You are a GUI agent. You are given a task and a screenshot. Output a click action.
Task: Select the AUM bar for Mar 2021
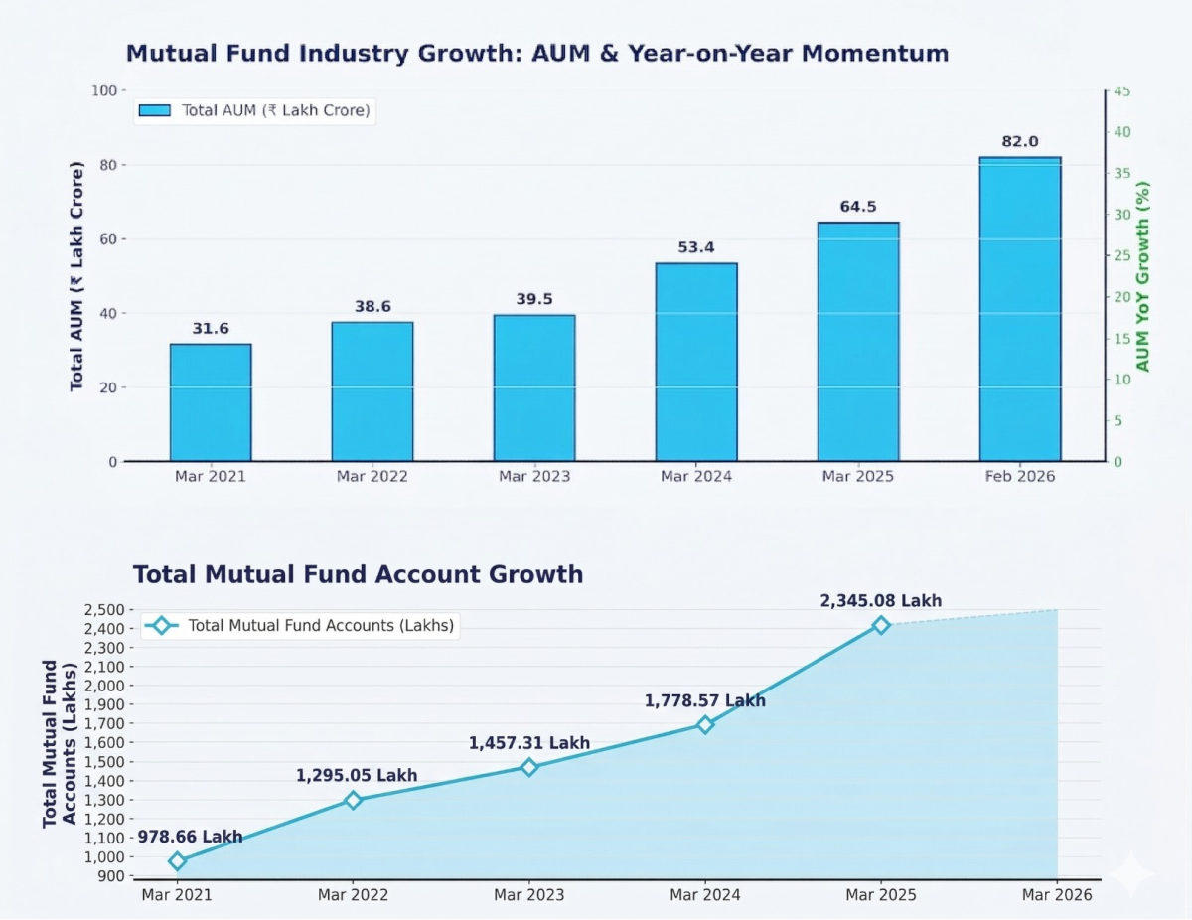pyautogui.click(x=211, y=402)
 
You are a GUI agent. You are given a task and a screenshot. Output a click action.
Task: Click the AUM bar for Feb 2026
pyautogui.click(x=1020, y=309)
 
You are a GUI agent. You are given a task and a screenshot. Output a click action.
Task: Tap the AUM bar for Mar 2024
pyautogui.click(x=696, y=362)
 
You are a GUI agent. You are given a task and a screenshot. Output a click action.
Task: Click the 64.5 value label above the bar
pyautogui.click(x=858, y=207)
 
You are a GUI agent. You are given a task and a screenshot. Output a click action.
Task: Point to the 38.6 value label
pyautogui.click(x=372, y=306)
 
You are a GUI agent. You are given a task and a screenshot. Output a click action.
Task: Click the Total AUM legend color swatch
pyautogui.click(x=155, y=110)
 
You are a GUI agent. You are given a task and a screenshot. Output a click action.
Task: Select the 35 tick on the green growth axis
pyautogui.click(x=1120, y=173)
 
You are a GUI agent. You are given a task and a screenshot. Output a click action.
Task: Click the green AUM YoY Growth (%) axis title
pyautogui.click(x=1143, y=276)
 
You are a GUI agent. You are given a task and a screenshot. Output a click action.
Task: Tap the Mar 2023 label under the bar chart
pyautogui.click(x=534, y=477)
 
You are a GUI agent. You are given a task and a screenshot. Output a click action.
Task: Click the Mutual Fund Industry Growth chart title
pyautogui.click(x=536, y=53)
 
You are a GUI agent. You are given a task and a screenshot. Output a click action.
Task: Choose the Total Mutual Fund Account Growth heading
pyautogui.click(x=358, y=574)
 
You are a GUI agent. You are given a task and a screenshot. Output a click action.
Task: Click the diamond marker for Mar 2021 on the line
pyautogui.click(x=177, y=861)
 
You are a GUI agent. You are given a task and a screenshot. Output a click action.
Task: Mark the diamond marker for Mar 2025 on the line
pyautogui.click(x=880, y=625)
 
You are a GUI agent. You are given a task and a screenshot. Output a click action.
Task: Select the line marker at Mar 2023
pyautogui.click(x=528, y=767)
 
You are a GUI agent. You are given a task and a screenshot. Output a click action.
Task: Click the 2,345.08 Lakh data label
pyautogui.click(x=880, y=601)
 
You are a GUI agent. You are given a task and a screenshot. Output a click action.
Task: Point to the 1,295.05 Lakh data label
pyautogui.click(x=357, y=776)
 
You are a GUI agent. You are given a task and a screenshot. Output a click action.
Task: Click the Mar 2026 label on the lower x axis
pyautogui.click(x=1057, y=895)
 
